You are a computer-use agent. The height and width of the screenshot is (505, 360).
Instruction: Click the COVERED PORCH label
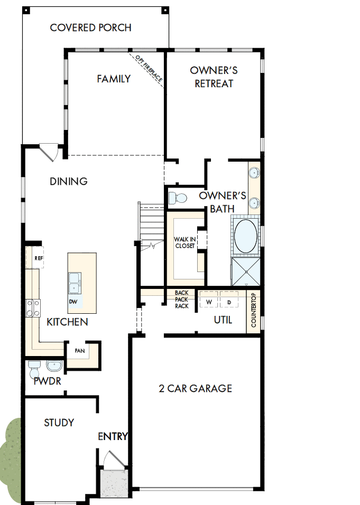click(90, 27)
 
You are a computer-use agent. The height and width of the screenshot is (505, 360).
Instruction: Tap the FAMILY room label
click(114, 79)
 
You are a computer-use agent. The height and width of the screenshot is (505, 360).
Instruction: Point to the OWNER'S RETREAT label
click(214, 77)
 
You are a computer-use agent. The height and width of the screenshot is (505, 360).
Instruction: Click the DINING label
click(69, 181)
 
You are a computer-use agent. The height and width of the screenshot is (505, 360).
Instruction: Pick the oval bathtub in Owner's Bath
click(245, 236)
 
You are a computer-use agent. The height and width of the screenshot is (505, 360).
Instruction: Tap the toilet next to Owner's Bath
click(177, 198)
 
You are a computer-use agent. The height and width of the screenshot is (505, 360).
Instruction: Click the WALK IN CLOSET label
click(185, 242)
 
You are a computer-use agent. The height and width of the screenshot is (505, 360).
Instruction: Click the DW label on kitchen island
click(73, 302)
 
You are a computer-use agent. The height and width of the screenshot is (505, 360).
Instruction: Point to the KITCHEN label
click(67, 322)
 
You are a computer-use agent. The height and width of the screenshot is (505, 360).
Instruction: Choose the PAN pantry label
click(80, 351)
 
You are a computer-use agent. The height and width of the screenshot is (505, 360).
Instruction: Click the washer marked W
click(208, 302)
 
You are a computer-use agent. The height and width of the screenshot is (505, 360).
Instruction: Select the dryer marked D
click(229, 302)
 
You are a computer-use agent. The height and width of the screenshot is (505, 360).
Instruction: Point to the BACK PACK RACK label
click(181, 300)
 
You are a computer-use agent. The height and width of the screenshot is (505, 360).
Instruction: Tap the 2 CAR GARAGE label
click(196, 388)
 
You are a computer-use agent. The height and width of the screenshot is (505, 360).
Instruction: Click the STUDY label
click(59, 423)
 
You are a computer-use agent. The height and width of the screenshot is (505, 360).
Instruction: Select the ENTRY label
click(113, 436)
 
